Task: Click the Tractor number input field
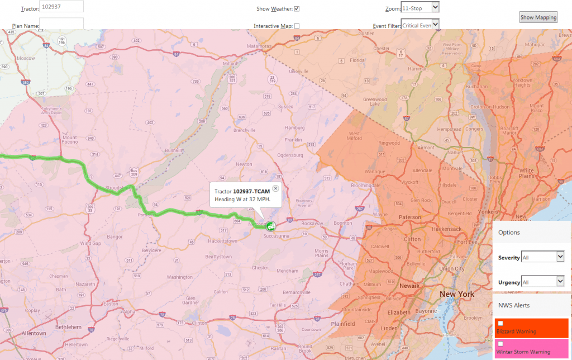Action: pyautogui.click(x=62, y=7)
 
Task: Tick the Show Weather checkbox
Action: pyautogui.click(x=297, y=8)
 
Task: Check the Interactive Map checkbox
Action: pyautogui.click(x=297, y=26)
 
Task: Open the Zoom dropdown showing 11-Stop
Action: pyautogui.click(x=420, y=7)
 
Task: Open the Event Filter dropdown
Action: pyautogui.click(x=420, y=25)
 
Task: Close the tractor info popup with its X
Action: pyautogui.click(x=275, y=188)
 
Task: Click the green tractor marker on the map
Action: pyautogui.click(x=270, y=226)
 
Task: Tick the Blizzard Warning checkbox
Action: pyautogui.click(x=500, y=323)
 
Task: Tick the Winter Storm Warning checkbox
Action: pyautogui.click(x=500, y=343)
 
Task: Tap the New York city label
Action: pyautogui.click(x=457, y=294)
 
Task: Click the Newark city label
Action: pyautogui.click(x=409, y=286)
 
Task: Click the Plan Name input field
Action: pyautogui.click(x=61, y=23)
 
